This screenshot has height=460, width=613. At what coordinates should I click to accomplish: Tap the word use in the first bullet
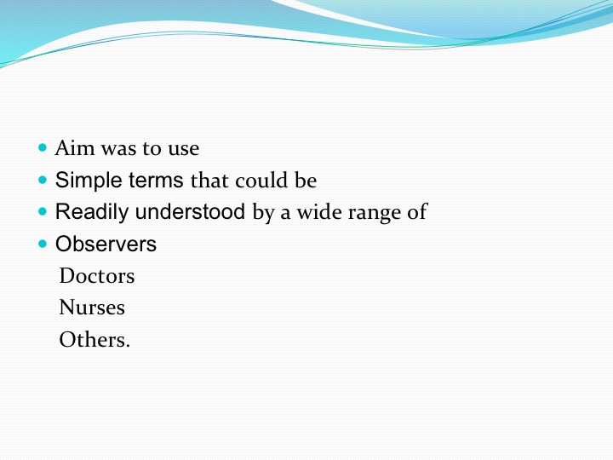pos(184,150)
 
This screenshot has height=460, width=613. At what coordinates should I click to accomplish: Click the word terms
pos(156,181)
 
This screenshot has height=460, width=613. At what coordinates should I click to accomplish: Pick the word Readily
pos(92,212)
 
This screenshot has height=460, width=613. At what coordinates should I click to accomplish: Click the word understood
pos(190,211)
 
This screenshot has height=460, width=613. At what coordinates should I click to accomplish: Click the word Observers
pos(106,244)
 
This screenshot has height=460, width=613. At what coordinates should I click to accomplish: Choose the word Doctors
pos(97,276)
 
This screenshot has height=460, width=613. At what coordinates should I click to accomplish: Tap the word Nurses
pos(92,308)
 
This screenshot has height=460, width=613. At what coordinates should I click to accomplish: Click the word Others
pos(92,340)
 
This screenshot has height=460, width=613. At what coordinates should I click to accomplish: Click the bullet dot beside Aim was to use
pos(43,148)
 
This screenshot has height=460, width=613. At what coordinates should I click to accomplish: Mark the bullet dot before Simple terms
pos(43,180)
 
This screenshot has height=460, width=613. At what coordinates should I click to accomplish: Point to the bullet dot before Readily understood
pos(43,212)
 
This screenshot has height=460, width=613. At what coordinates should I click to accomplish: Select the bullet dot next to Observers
pos(43,244)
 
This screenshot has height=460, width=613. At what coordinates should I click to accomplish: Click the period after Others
pos(128,346)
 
